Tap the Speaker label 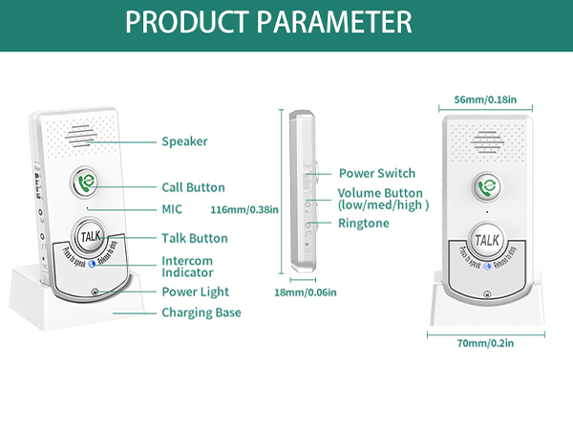coord(184,141)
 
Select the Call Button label coord(193,187)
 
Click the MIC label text coord(173,208)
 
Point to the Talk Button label coord(194,238)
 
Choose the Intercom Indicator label coord(187,267)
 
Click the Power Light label coord(195,291)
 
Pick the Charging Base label coord(201,312)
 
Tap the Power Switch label coord(377,173)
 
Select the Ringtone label coord(364,223)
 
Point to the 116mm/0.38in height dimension coord(244,208)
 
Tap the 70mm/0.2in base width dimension coord(486,344)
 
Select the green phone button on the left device coord(86,183)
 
